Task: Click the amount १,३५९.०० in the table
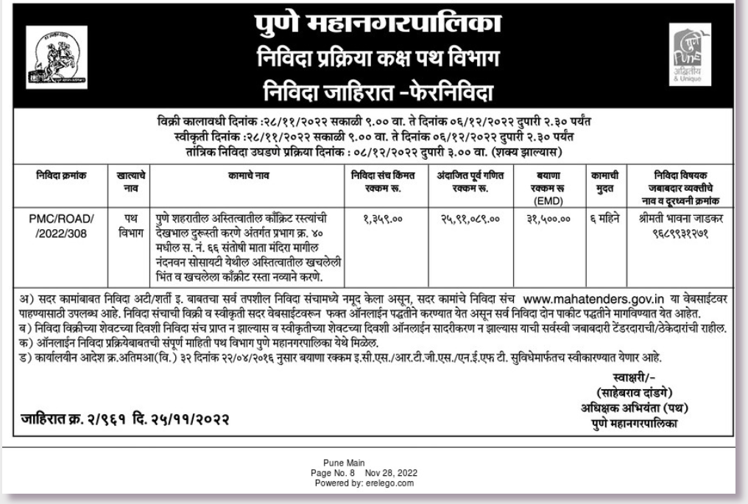[381, 219]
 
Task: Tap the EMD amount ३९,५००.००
[546, 219]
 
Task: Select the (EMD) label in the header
[546, 198]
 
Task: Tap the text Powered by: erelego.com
[375, 483]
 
